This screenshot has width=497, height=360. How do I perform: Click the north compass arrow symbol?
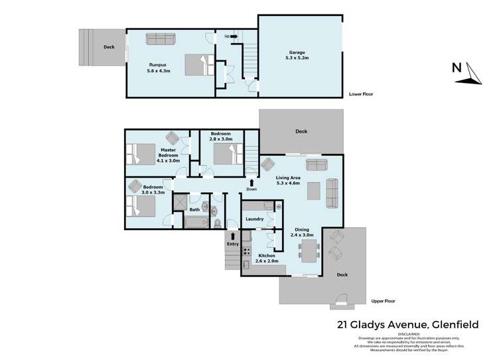471,73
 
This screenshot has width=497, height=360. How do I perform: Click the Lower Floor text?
360,94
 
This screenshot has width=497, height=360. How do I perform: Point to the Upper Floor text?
384,300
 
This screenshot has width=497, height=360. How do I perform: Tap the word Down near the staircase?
251,189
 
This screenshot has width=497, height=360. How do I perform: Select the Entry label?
232,243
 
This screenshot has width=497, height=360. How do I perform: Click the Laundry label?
255,218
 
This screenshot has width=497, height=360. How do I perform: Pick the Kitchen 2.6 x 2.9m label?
267,259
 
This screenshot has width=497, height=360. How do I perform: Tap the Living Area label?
288,180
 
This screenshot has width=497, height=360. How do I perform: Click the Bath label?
194,210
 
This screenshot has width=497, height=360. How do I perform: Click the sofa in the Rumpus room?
161,40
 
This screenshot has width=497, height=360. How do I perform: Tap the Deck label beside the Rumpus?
109,47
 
